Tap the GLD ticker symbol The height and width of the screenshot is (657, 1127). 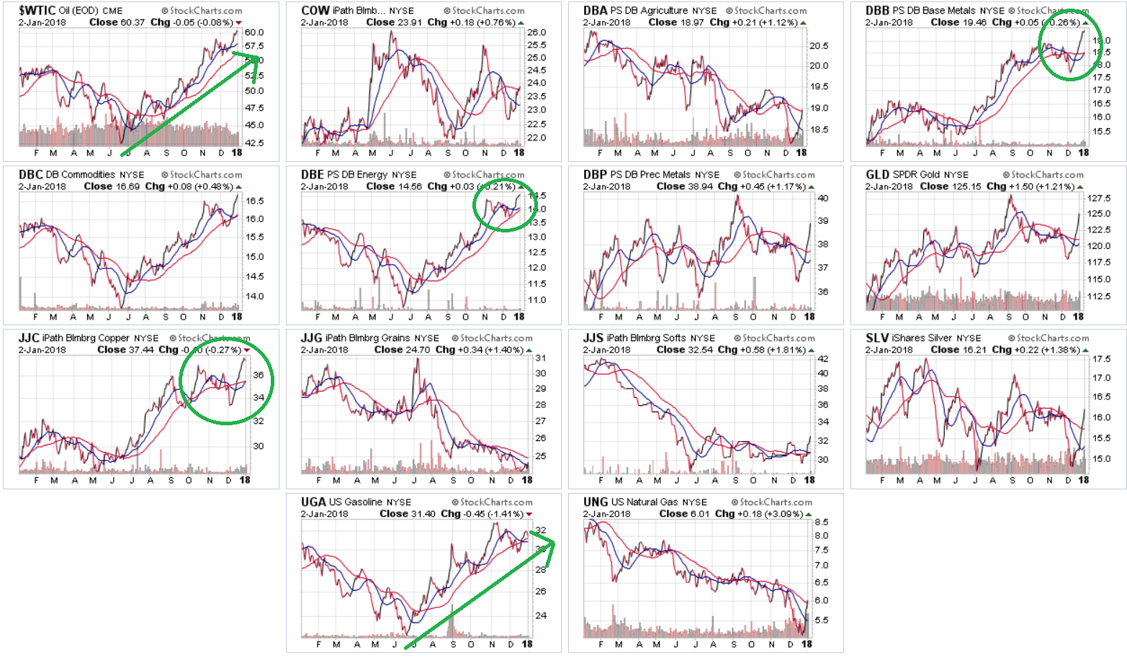coord(877,174)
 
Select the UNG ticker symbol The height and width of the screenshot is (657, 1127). coord(596,502)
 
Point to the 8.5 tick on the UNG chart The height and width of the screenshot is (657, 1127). coord(821,522)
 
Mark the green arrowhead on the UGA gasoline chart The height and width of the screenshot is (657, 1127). coord(550,540)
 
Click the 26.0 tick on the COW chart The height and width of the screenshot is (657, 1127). coord(536,32)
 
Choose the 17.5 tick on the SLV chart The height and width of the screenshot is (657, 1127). coord(1101,358)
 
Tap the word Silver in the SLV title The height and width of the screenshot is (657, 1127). coord(943,338)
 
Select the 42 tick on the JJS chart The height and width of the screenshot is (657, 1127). coord(822,358)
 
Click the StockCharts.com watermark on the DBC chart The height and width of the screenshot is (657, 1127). coord(201,175)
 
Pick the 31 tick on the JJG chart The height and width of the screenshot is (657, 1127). coord(540,358)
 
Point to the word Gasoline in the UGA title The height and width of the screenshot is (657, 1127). coord(364,502)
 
